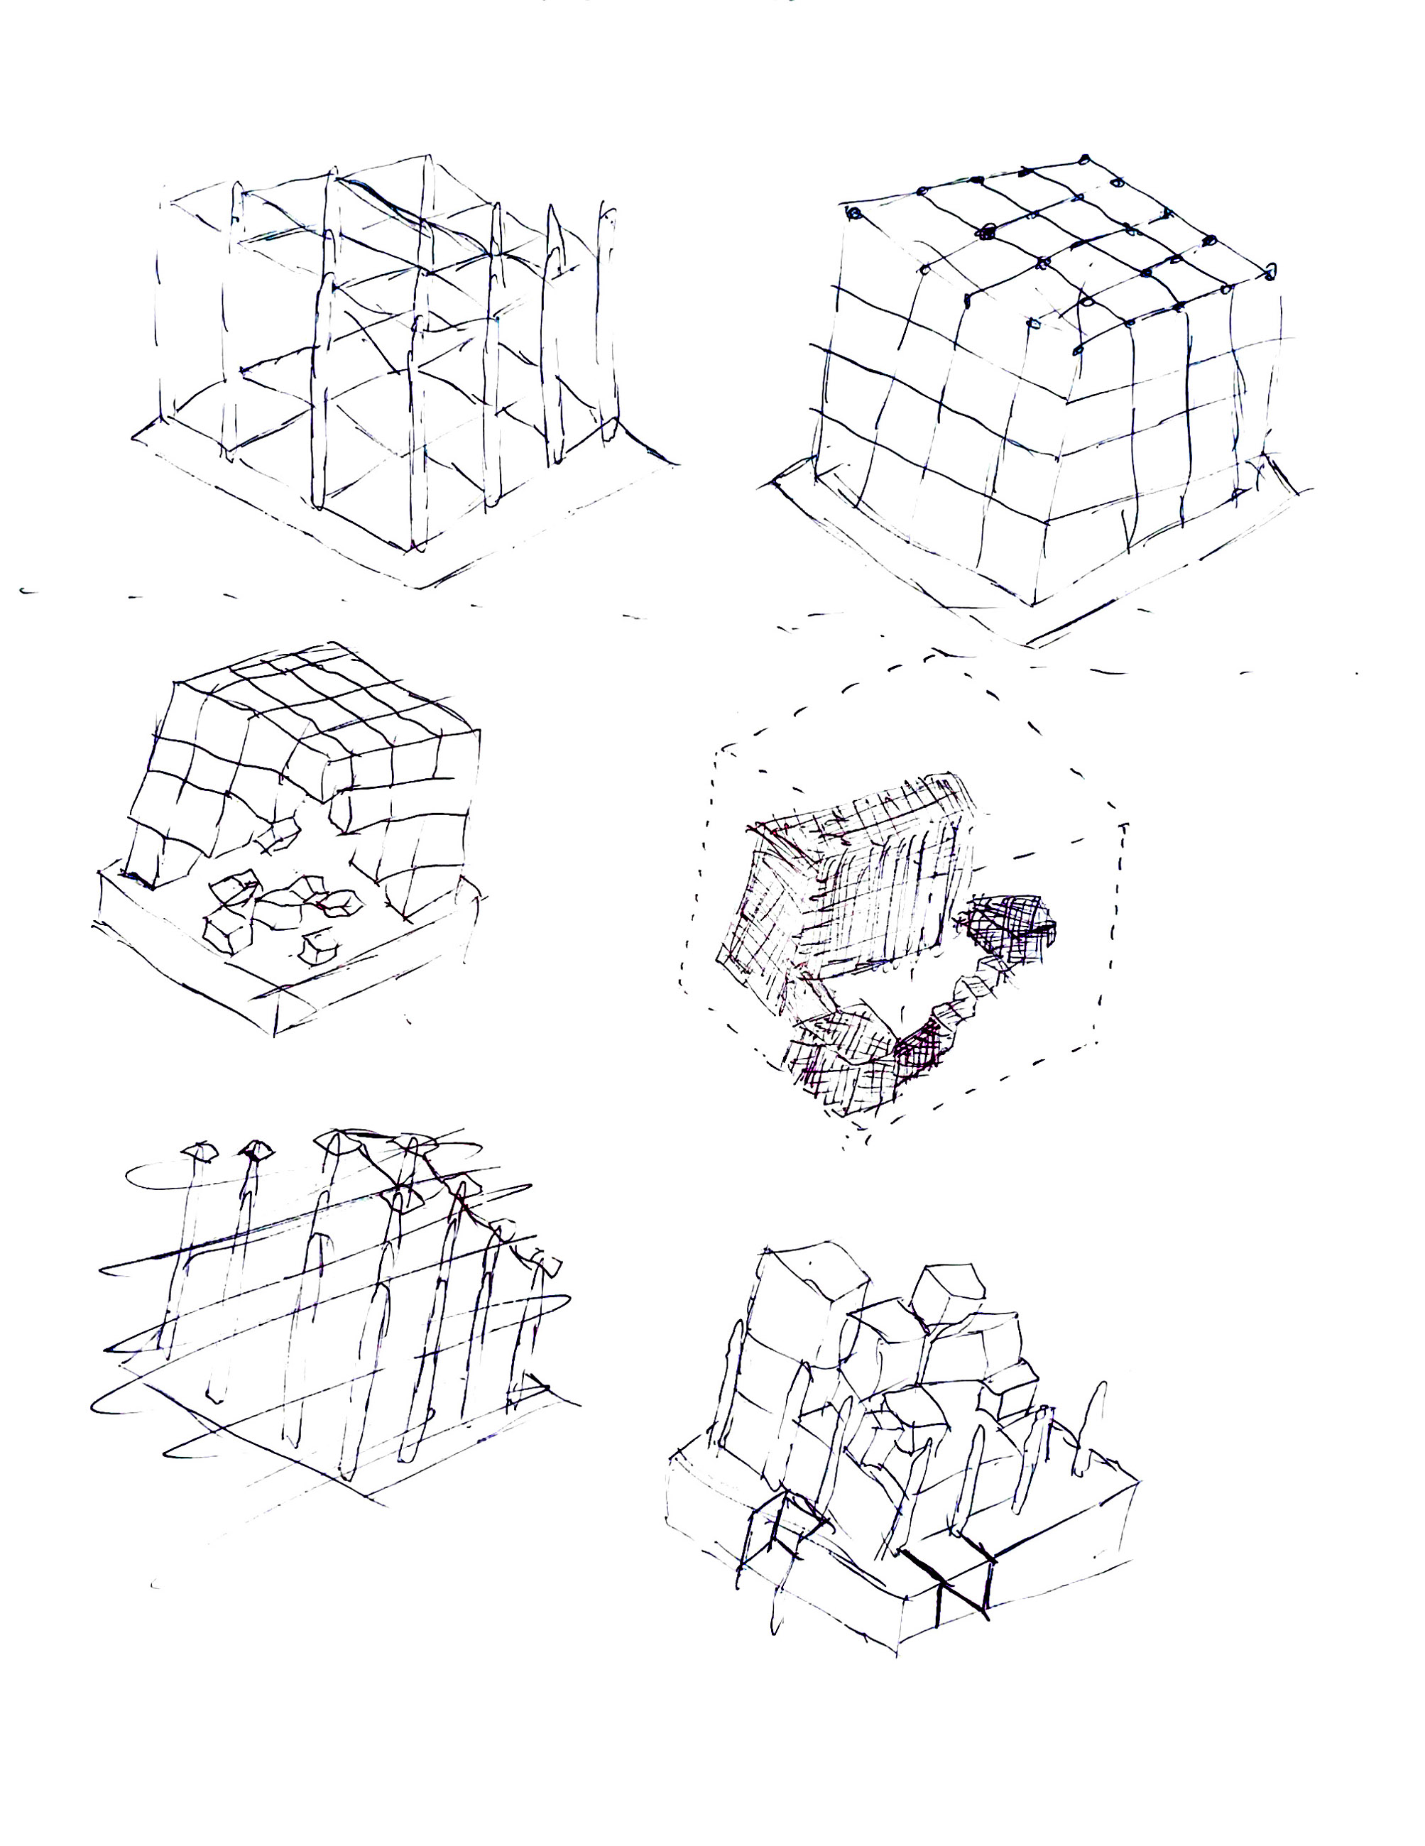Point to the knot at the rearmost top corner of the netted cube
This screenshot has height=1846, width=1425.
(1084, 159)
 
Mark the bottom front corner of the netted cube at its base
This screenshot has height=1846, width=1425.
(1033, 603)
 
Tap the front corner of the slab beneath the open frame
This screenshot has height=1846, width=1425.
(416, 587)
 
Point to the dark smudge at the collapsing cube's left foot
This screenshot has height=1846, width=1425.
(135, 879)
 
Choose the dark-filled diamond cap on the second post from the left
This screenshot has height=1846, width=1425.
(257, 1149)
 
